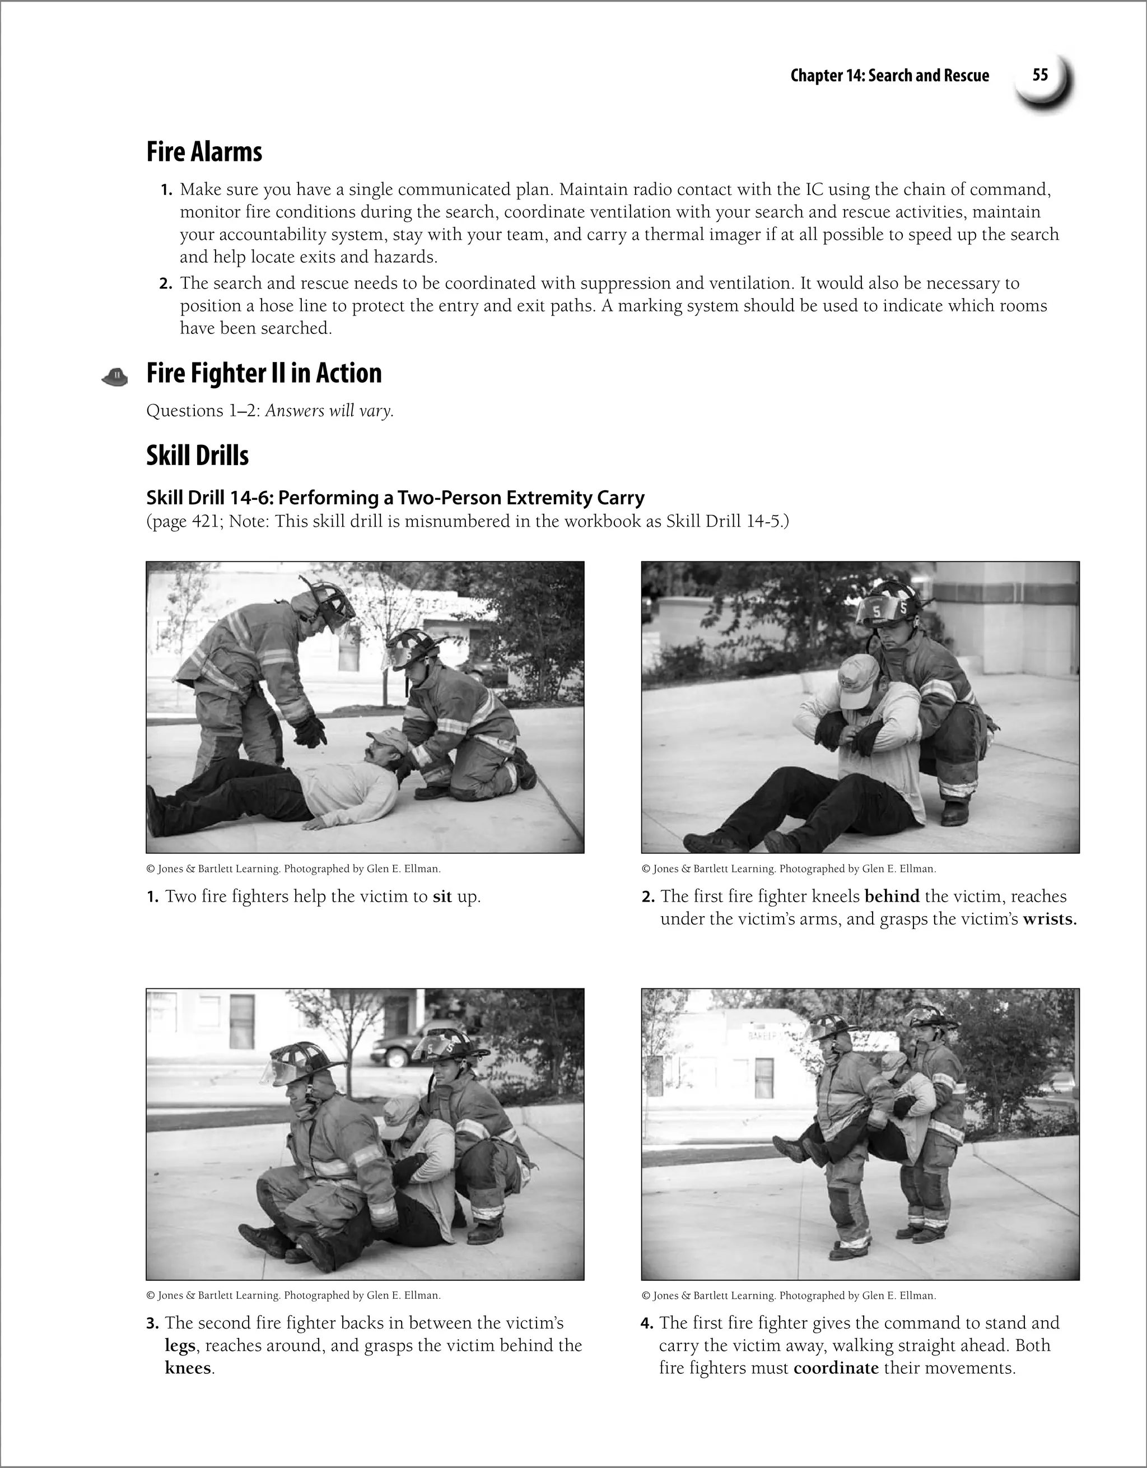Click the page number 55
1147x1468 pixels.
(x=1039, y=75)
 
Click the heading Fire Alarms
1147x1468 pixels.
(x=204, y=151)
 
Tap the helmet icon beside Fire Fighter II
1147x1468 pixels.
(x=115, y=377)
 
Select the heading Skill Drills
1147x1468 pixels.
(x=198, y=456)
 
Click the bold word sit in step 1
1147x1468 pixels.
(x=442, y=896)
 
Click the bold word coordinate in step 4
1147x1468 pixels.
(x=835, y=1368)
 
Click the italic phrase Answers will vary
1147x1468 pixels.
(x=329, y=411)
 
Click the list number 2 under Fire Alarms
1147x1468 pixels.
(x=166, y=284)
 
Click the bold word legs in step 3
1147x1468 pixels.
(x=179, y=1346)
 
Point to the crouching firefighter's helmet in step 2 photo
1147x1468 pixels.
(x=889, y=603)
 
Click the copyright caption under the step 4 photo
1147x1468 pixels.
(x=788, y=1295)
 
